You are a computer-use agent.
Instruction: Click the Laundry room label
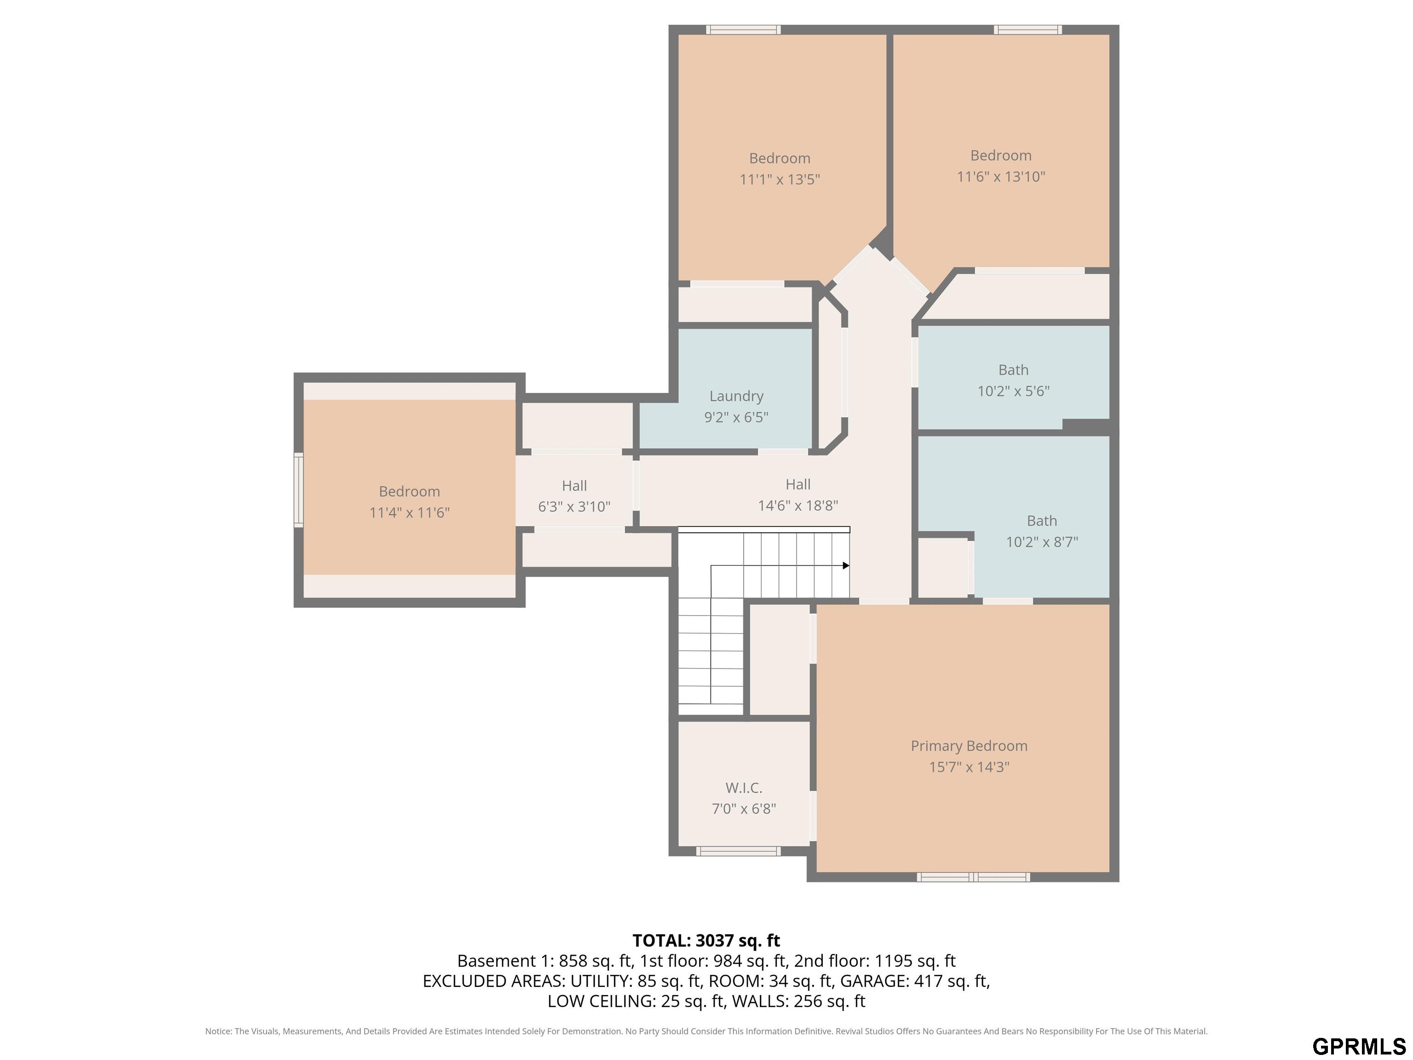coord(736,396)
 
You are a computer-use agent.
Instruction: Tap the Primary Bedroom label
coord(969,746)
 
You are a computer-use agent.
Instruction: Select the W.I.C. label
coord(744,788)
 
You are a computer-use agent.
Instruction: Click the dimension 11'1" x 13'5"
coord(779,179)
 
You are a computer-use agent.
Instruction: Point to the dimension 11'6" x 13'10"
coord(1001,176)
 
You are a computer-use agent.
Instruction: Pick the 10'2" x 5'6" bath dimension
coord(1013,391)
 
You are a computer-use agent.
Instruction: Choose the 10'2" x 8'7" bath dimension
coord(1042,542)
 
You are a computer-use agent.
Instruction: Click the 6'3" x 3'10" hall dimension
coord(574,507)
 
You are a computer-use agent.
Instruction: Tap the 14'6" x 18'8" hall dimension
coord(798,506)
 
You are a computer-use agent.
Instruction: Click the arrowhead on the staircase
coord(846,565)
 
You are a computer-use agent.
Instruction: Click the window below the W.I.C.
coord(738,851)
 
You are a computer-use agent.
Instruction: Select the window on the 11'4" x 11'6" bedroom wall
coord(299,490)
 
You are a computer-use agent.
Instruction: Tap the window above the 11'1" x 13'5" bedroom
coord(743,29)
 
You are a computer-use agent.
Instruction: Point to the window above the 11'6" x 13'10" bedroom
coord(1028,29)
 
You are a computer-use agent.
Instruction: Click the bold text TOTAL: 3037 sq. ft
coord(706,940)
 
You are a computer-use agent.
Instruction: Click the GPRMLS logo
coord(1359,1046)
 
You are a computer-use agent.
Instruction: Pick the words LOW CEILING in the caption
coord(600,1001)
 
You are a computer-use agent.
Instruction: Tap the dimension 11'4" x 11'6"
coord(409,513)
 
